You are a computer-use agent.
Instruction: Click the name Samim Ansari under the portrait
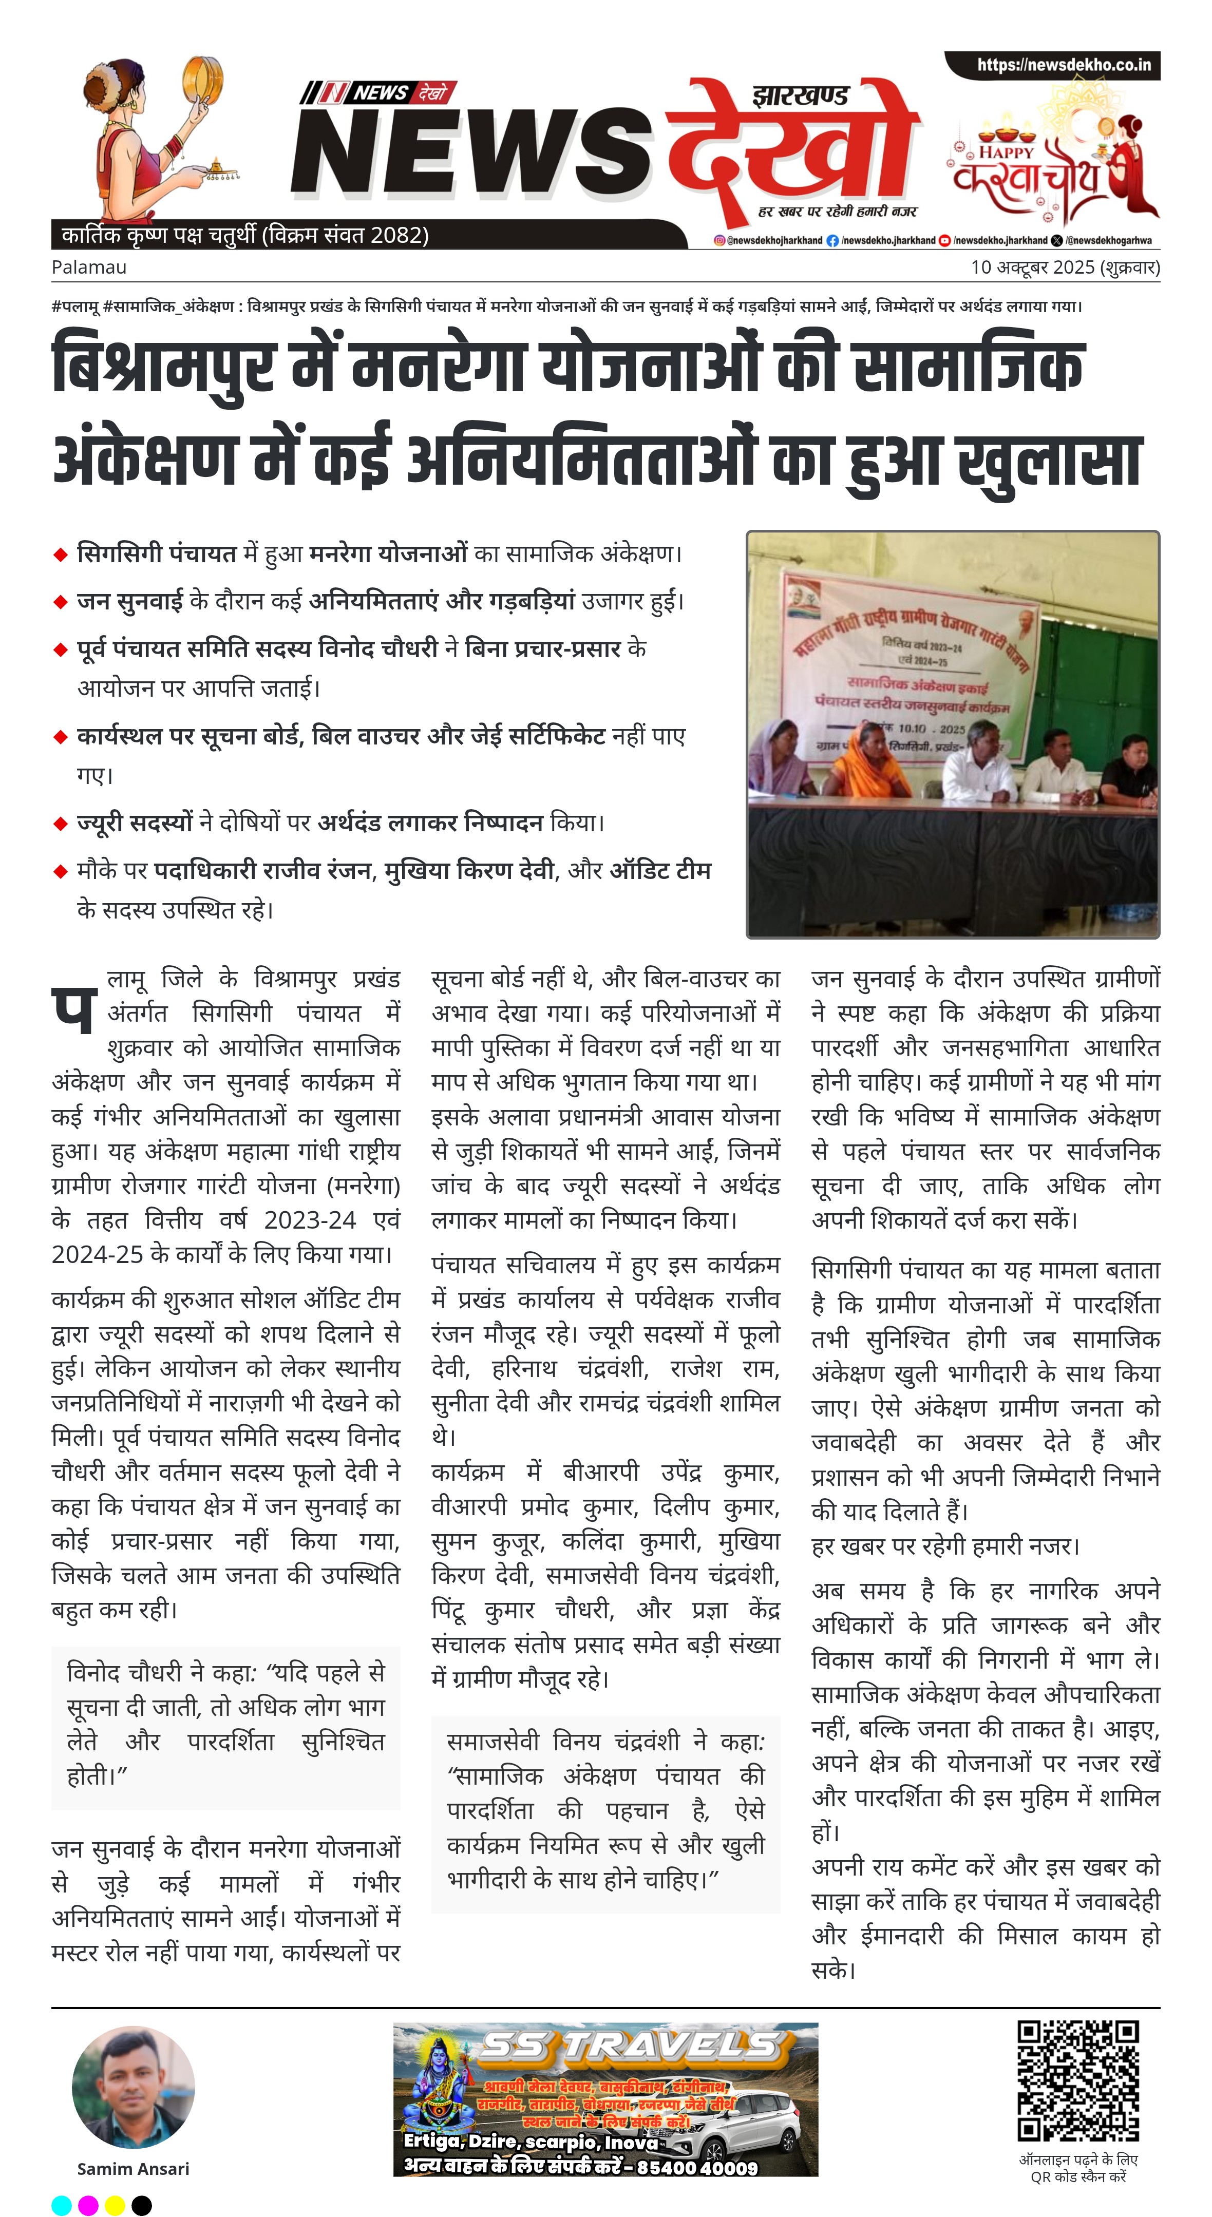coord(134,2168)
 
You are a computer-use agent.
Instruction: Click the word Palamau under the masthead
coord(89,267)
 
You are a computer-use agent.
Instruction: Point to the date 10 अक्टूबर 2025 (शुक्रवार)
coord(1065,267)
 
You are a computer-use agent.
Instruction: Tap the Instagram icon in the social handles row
coord(719,241)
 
